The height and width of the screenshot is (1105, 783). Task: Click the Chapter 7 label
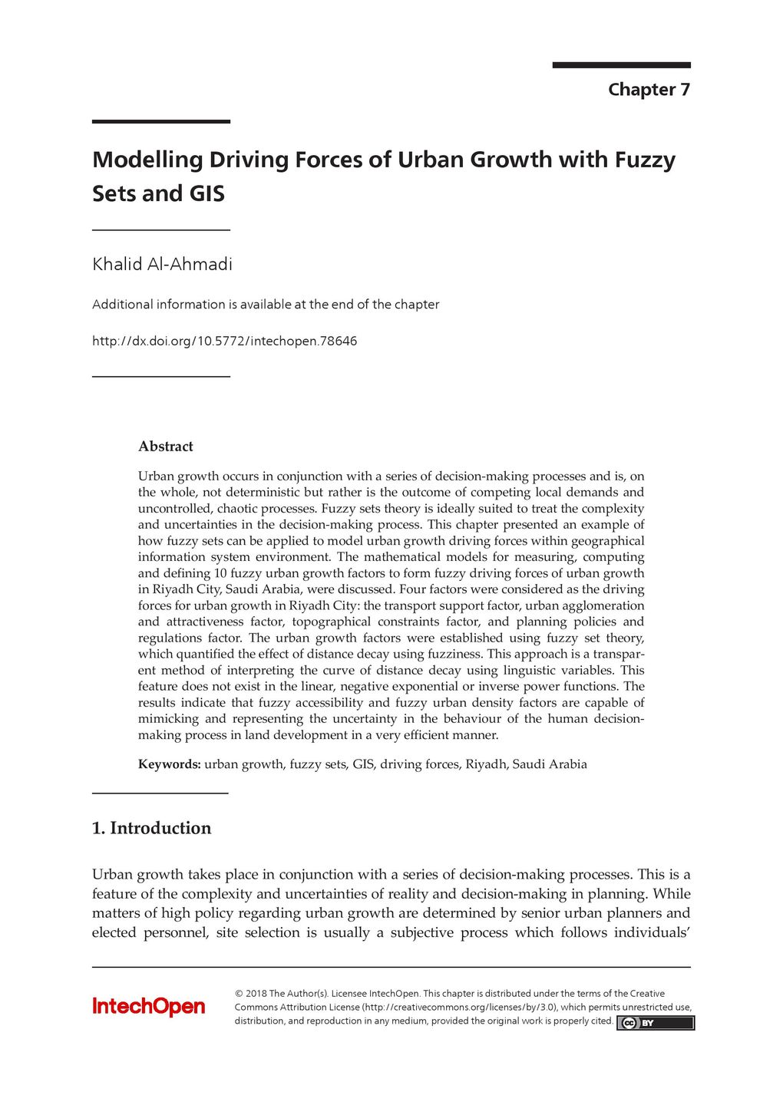coord(649,90)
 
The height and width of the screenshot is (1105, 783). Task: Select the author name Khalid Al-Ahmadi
coord(162,265)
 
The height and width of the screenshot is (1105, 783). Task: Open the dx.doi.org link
coord(224,341)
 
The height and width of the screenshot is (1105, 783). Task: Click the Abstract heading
coord(165,447)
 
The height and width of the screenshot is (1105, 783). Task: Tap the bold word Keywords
coord(169,764)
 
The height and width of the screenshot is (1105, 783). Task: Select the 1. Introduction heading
coord(151,828)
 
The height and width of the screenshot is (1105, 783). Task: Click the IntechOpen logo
coord(149,1007)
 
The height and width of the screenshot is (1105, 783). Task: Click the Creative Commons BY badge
coord(655,1023)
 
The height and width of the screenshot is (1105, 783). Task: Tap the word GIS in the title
coord(207,193)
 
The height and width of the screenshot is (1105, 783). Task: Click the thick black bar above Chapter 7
coord(621,65)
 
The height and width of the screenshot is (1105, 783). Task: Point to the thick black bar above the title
coord(161,121)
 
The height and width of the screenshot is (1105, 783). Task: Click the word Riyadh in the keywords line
coord(485,764)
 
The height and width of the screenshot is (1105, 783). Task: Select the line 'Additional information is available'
coord(266,305)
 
